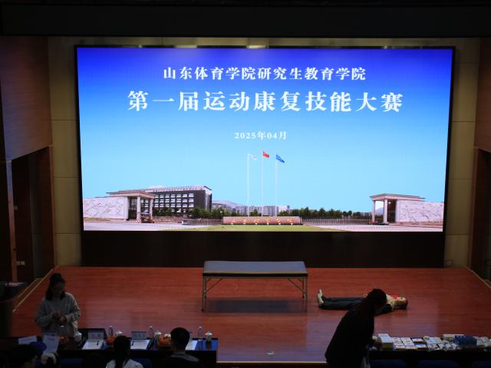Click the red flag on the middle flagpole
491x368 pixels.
pos(266,155)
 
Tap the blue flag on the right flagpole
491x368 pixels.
pos(280,159)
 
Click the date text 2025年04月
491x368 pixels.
pos(261,135)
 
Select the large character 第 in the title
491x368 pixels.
pos(138,100)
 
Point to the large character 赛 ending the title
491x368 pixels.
pos(392,101)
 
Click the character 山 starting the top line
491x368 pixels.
pos(169,74)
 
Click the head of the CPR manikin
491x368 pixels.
pos(401,302)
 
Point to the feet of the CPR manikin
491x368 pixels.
pos(320,297)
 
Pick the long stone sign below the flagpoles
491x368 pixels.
pos(262,220)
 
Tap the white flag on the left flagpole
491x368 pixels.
pos(252,156)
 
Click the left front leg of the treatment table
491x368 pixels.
pos(204,294)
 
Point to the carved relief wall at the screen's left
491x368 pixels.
pos(106,208)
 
